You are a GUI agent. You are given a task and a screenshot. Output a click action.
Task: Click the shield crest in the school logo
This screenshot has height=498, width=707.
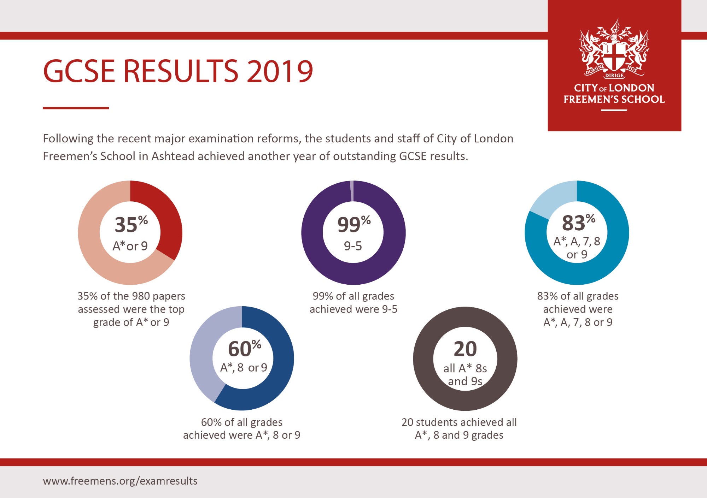coord(614,56)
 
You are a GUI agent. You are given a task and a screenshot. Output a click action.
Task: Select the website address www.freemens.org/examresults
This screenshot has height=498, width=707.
coord(120,481)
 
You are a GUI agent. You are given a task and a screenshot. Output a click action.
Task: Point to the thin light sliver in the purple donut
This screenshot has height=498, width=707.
coord(351,191)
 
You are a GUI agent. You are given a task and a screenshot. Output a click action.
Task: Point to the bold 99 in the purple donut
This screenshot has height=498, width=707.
coord(349,225)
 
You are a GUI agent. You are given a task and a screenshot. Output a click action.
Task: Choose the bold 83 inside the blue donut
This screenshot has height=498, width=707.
coord(573,223)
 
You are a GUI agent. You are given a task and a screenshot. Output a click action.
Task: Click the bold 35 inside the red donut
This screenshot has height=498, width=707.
coord(126,225)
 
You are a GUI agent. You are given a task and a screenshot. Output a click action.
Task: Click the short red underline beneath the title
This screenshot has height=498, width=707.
coord(76,108)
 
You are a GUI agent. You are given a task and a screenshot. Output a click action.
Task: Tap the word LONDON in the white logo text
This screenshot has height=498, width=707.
coord(631,88)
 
